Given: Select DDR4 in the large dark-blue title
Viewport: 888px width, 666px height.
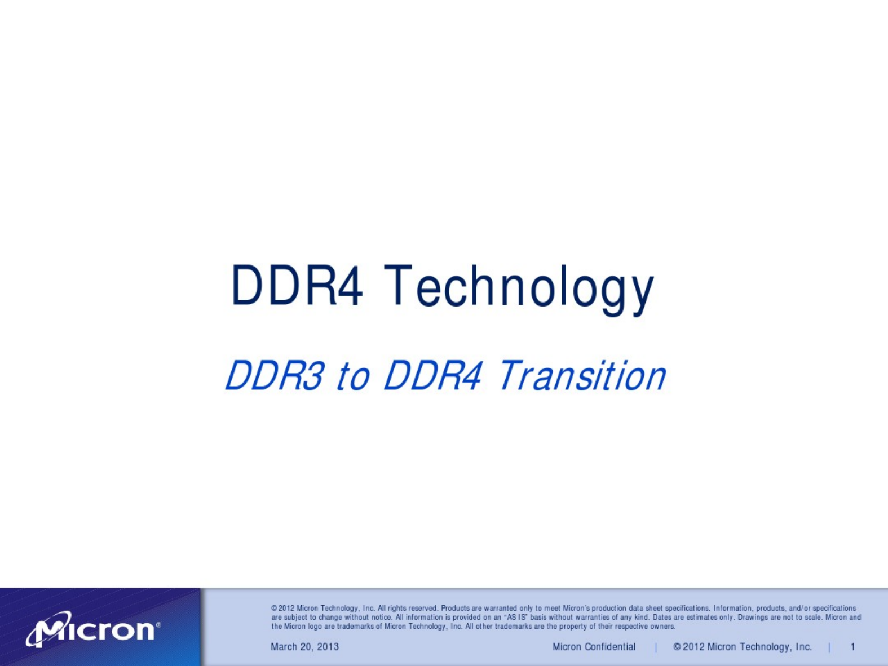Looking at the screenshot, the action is click(x=297, y=285).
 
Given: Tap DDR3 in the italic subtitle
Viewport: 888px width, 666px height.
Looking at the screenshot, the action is click(x=275, y=375).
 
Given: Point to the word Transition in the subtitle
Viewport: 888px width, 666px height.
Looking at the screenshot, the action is click(x=582, y=375).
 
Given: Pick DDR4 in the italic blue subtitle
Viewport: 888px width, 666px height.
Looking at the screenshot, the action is click(x=432, y=375).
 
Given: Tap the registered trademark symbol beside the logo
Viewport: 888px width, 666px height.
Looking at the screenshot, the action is click(x=158, y=625).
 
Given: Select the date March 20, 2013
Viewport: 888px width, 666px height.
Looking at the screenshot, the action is click(x=304, y=647).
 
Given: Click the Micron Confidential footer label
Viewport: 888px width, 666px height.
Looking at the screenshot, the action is click(x=594, y=647).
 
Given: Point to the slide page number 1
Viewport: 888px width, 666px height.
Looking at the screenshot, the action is click(x=853, y=647).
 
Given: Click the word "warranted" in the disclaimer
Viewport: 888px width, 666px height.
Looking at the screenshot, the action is click(x=501, y=608).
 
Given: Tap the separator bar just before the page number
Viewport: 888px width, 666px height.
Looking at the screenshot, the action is click(x=830, y=647).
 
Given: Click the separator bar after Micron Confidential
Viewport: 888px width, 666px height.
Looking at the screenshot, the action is click(x=656, y=647).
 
